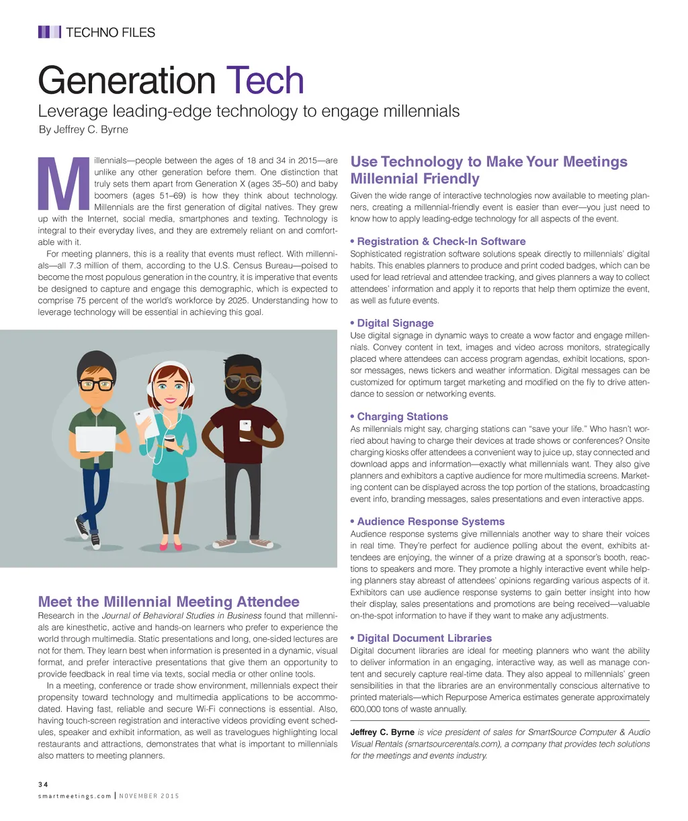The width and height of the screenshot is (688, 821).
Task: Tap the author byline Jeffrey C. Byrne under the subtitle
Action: tap(83, 130)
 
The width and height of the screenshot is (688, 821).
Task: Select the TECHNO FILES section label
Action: tap(110, 32)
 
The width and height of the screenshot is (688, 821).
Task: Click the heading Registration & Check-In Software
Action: tap(441, 241)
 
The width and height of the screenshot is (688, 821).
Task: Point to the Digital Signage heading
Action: tap(395, 323)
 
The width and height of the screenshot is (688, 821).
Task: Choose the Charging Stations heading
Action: tap(402, 416)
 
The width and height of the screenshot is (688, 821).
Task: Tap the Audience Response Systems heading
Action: tap(430, 521)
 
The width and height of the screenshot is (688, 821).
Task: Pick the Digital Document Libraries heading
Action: tap(424, 638)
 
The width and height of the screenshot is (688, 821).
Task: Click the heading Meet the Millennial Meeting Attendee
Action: tap(169, 601)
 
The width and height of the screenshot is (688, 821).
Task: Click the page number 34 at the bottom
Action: tap(42, 783)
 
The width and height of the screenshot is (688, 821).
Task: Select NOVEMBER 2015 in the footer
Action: tap(149, 796)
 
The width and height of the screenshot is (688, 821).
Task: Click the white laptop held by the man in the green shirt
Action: tap(95, 438)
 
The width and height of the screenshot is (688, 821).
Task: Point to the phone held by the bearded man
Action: tap(245, 428)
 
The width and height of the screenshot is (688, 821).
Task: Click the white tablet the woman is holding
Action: tap(148, 422)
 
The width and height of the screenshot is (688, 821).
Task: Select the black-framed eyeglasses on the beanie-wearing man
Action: tap(96, 385)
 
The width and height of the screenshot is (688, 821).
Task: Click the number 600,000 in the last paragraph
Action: tap(368, 709)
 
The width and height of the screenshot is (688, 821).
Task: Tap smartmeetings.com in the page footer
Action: tap(75, 796)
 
